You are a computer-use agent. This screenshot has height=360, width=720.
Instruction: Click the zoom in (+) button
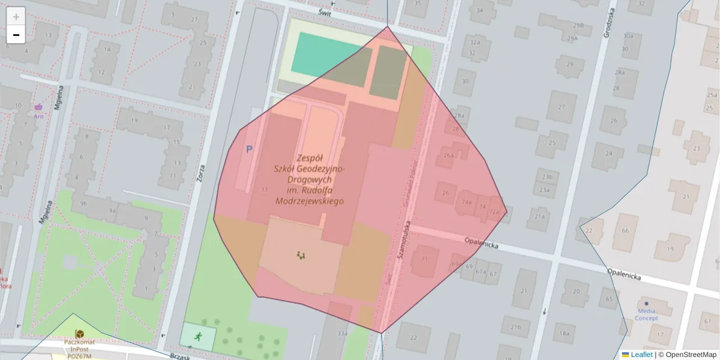pos(16,16)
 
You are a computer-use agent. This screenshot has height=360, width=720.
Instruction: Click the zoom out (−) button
pos(16,35)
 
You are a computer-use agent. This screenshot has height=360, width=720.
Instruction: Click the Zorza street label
pos(202,175)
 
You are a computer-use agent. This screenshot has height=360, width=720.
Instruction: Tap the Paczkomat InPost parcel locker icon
pos(79,333)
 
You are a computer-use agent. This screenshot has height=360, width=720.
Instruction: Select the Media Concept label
pos(646,314)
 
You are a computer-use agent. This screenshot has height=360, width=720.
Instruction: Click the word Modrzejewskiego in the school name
pos(308,202)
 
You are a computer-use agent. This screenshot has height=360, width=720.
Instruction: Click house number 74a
pos(466,202)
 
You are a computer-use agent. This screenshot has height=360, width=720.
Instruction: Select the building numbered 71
pos(425,259)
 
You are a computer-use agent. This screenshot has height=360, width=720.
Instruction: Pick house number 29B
pos(578,25)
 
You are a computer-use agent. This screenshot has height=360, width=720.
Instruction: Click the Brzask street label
pos(178,356)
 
